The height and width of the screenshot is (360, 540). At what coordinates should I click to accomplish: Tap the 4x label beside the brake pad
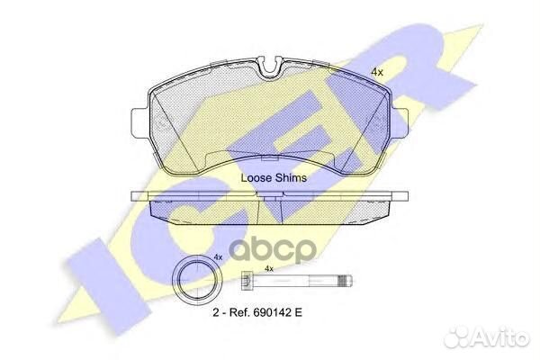pyautogui.click(x=377, y=72)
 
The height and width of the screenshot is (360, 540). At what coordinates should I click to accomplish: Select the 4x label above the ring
pyautogui.click(x=218, y=257)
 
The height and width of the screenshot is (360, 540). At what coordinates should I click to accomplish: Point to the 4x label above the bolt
pyautogui.click(x=268, y=268)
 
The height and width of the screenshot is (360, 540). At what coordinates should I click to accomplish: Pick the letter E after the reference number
pyautogui.click(x=298, y=312)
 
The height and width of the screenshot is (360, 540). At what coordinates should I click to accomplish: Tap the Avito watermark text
pyautogui.click(x=501, y=337)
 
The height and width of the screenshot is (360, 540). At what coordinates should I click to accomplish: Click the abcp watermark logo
pyautogui.click(x=273, y=249)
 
